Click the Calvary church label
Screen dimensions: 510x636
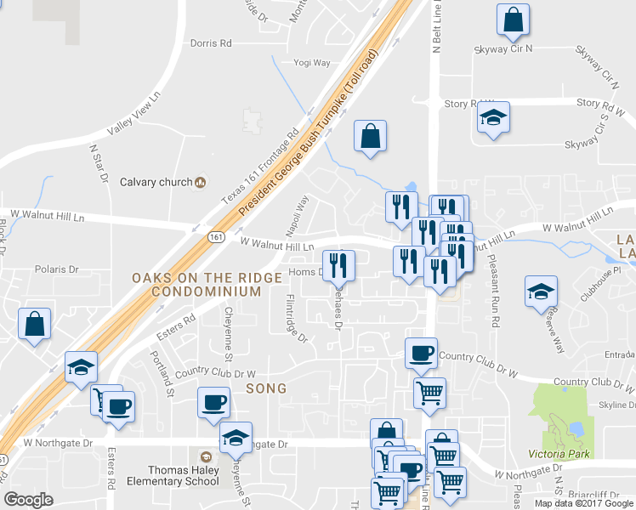[156, 182]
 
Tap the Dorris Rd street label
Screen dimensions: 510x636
[211, 42]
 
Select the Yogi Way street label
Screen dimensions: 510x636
[312, 63]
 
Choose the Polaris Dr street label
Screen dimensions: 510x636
[57, 269]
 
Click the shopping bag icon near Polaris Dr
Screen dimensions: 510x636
[34, 324]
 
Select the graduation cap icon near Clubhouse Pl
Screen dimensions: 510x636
[541, 292]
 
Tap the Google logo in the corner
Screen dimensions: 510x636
[29, 500]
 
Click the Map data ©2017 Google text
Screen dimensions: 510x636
[584, 503]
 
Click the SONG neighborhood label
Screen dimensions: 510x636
[266, 388]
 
